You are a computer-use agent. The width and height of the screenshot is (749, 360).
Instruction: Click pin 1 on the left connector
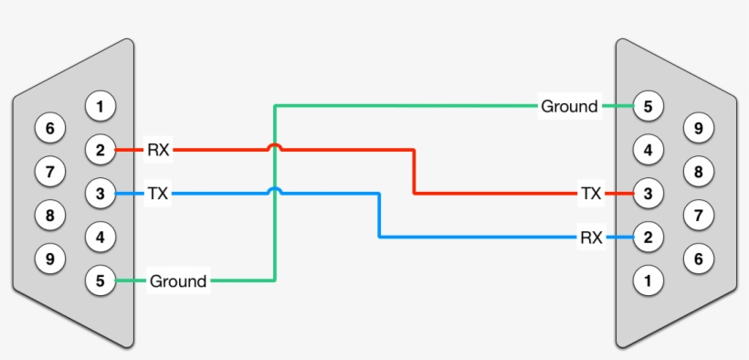100,107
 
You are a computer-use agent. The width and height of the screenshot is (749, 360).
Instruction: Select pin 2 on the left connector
100,150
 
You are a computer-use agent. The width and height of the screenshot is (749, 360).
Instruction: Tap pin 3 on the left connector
100,194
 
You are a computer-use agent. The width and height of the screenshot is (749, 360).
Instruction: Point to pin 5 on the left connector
100,281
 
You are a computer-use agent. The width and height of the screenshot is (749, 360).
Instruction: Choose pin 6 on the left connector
50,129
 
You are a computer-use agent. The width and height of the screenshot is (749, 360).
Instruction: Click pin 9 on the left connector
50,259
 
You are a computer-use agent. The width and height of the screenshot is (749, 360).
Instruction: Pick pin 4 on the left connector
100,238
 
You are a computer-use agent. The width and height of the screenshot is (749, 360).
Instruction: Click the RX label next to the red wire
158,150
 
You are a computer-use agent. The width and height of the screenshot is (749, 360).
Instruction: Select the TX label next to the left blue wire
158,194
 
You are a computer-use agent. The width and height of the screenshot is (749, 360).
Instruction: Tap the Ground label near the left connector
178,281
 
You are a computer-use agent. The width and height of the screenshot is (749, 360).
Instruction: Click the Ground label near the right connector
569,107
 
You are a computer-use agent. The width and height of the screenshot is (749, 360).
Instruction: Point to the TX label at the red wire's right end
591,194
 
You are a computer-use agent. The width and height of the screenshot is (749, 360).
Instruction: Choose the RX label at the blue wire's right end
591,238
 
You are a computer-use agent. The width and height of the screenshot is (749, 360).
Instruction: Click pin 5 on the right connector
648,107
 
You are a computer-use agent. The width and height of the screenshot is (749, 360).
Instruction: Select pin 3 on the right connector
648,194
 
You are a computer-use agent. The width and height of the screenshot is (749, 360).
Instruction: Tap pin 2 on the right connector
648,238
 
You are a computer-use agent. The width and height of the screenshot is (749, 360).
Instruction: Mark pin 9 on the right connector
698,129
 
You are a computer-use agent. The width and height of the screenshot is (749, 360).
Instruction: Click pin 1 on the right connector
648,281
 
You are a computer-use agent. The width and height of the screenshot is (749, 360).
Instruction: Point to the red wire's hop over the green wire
274,146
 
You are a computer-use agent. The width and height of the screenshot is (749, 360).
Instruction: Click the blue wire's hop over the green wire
274,190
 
